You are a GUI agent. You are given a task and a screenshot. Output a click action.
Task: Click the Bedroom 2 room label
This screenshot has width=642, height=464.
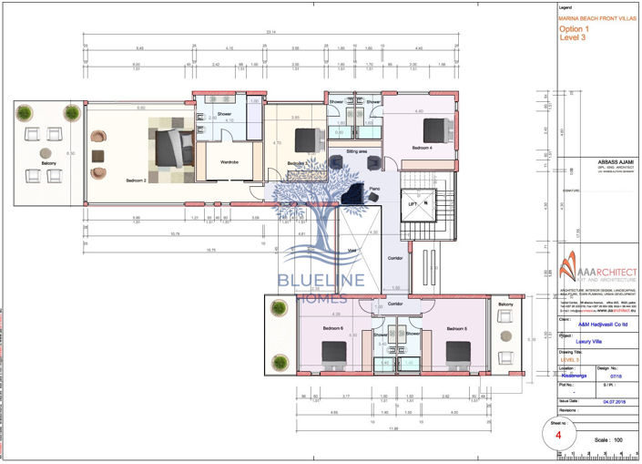[x=138, y=180]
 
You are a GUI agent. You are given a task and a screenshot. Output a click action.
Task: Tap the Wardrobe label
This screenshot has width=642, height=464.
[x=230, y=162]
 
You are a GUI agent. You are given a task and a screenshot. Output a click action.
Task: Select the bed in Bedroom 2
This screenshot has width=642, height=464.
[x=171, y=147]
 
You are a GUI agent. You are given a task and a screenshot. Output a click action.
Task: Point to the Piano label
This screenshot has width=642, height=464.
[x=373, y=189]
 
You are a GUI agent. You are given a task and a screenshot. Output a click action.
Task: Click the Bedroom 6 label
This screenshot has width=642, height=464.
[x=332, y=327]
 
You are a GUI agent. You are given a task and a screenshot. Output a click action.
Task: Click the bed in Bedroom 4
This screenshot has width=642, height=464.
[x=434, y=129]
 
